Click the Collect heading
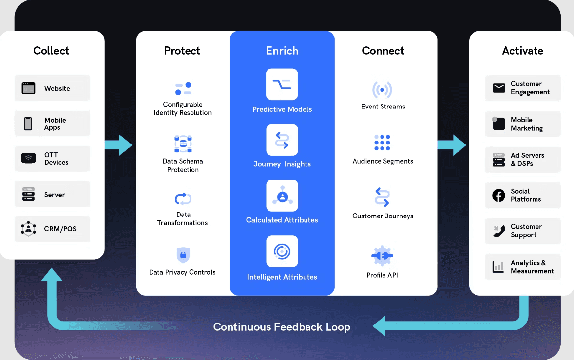(51, 51)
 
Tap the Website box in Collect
(52, 88)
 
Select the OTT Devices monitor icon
(29, 159)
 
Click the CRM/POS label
(60, 229)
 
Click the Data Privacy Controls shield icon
(183, 255)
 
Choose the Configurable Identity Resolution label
(183, 108)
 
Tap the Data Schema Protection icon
(183, 144)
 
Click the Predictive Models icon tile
(282, 84)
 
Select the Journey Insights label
(282, 164)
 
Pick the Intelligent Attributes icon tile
(282, 252)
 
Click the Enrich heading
(282, 51)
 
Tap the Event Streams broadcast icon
(382, 90)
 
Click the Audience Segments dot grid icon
(382, 143)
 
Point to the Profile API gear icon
(382, 256)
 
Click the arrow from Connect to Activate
(452, 145)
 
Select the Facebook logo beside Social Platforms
(499, 195)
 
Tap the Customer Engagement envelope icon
(499, 88)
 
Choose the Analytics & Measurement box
(523, 267)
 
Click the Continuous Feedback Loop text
(282, 327)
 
